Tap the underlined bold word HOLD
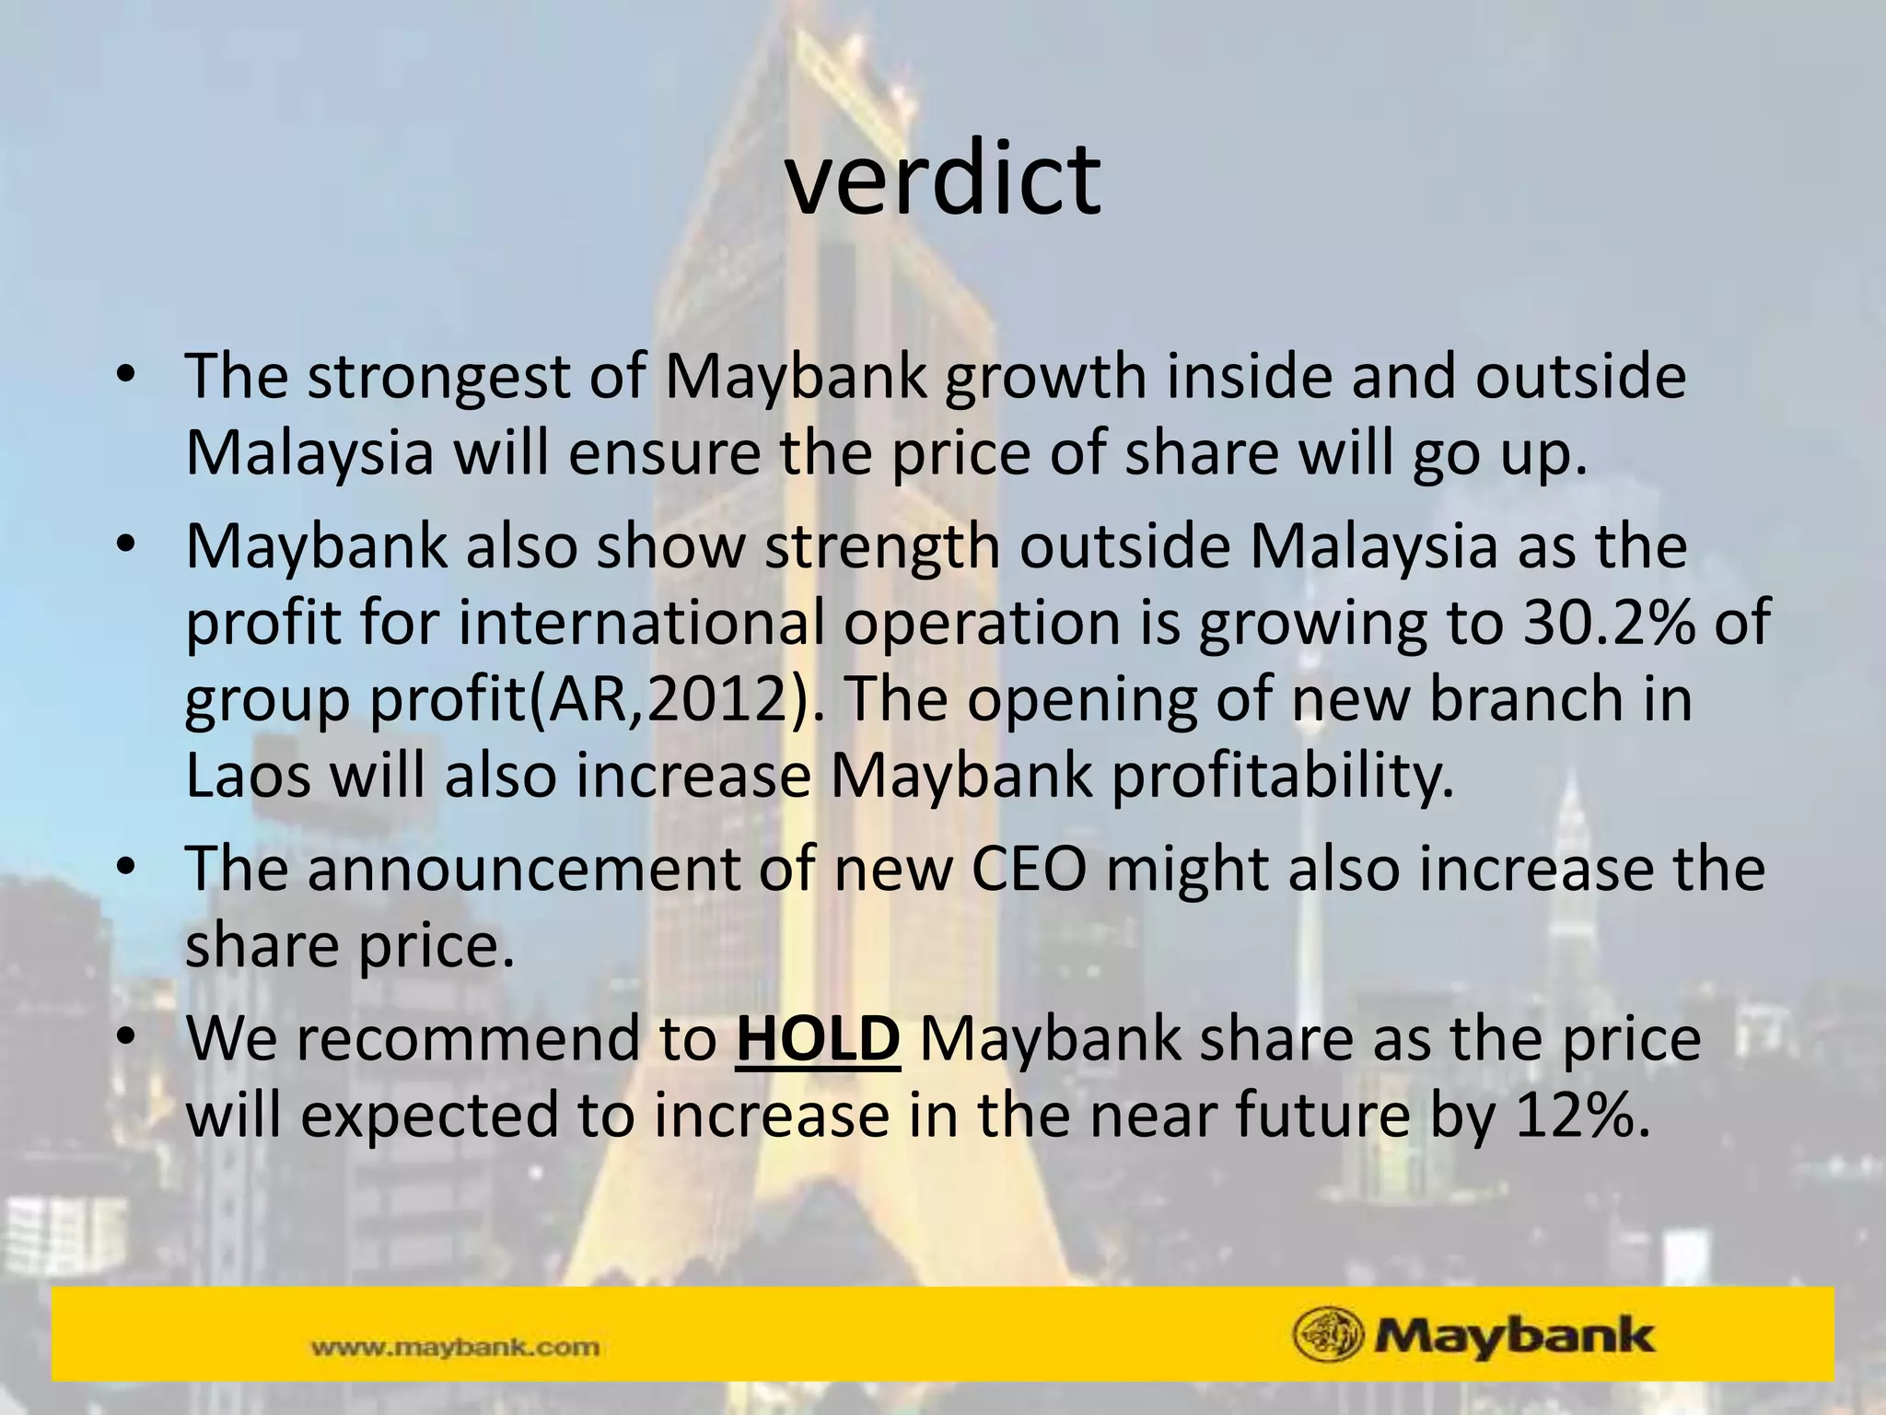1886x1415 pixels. coord(818,1038)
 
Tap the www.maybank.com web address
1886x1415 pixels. coord(456,1348)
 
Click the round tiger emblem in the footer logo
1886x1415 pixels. coord(1327,1335)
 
